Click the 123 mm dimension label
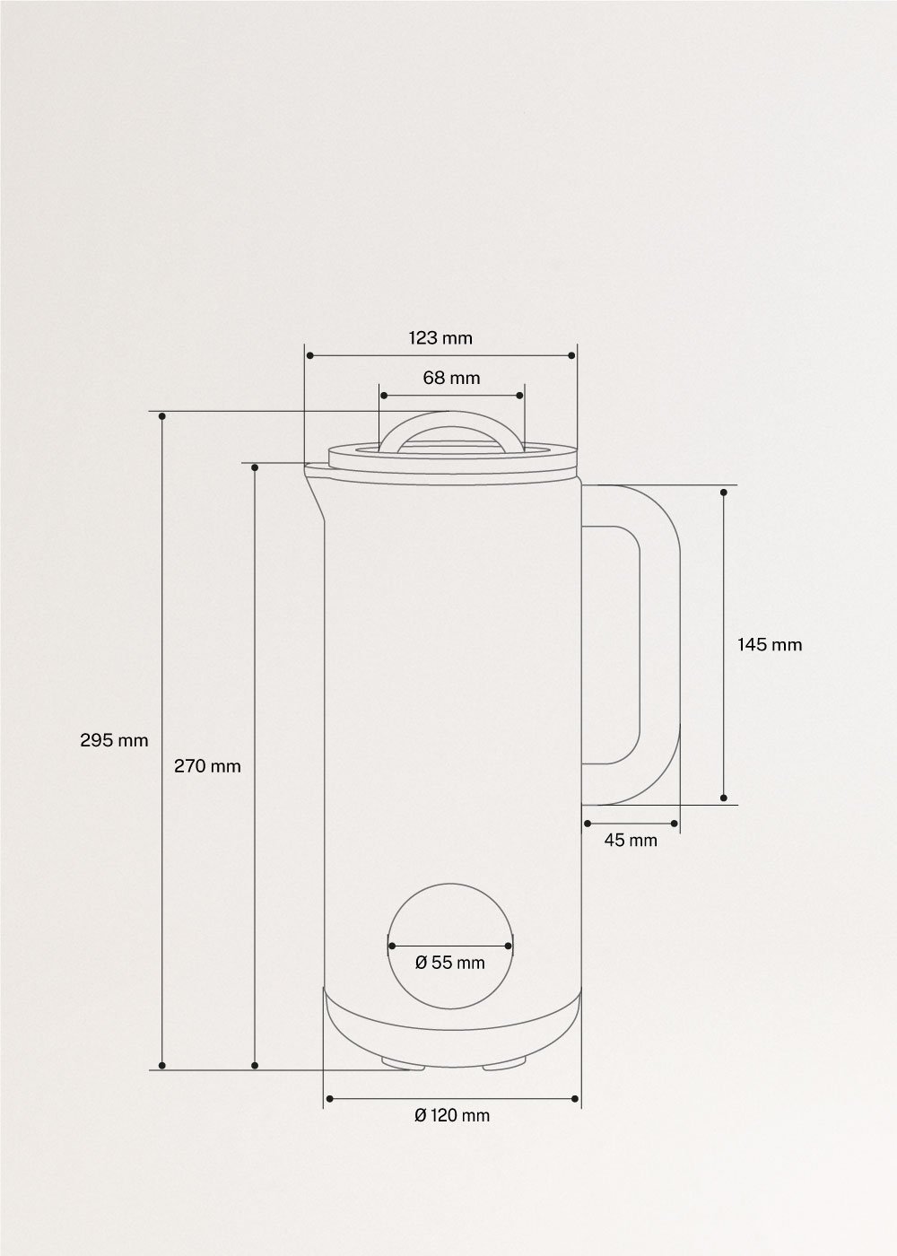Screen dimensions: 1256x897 440,338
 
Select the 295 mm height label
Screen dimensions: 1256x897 114,740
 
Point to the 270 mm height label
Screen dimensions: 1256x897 207,766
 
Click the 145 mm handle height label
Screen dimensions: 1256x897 770,644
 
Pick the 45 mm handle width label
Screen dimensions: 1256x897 630,841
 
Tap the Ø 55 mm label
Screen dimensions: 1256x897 450,963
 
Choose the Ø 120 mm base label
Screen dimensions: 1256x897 452,1115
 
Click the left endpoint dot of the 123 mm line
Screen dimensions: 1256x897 309,356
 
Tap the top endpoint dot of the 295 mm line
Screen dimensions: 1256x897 162,416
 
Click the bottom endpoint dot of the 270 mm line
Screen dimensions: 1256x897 255,1066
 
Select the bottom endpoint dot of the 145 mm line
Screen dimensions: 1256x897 724,798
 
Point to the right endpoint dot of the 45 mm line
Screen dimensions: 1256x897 674,823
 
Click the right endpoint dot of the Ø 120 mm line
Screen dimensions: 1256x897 574,1098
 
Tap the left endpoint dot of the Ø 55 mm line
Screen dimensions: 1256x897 392,945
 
